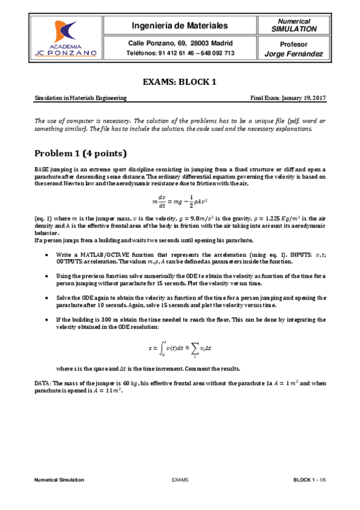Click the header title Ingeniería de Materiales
coord(180,26)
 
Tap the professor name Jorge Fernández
coord(294,54)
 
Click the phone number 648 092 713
coord(215,53)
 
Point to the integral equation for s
coord(180,348)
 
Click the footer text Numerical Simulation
coord(59,480)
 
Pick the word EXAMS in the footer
coord(180,480)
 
